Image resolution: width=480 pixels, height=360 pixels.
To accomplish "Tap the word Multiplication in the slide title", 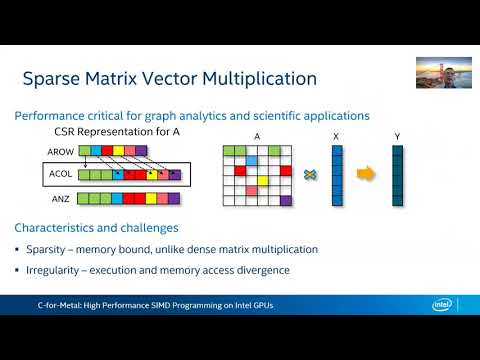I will (x=258, y=77).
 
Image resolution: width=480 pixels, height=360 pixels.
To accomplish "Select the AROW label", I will (x=59, y=151).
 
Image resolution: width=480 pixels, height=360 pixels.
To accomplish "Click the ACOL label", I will (x=60, y=174).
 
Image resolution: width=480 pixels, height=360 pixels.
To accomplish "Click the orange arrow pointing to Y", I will (x=367, y=175).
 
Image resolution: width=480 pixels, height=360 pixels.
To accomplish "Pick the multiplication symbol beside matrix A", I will (x=311, y=175).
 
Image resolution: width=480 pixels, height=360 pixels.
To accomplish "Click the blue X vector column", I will (x=337, y=176).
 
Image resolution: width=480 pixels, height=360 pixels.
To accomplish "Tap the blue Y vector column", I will (x=397, y=176).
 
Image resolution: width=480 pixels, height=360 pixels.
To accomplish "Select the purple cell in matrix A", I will (x=285, y=200).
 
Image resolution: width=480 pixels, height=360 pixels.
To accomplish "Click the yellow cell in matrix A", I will (x=263, y=181).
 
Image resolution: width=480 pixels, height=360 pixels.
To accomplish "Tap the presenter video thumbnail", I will (x=444, y=72).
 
